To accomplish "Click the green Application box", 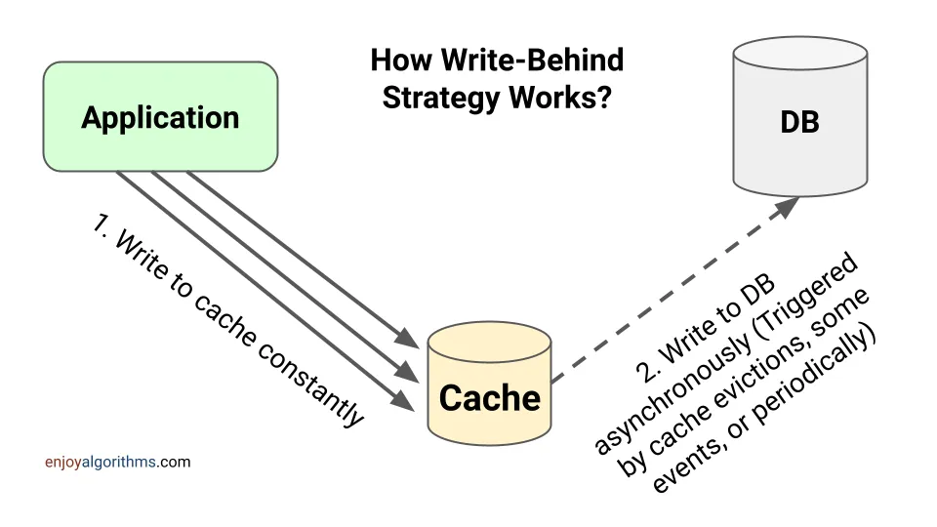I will (160, 117).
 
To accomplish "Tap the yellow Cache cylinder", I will (489, 385).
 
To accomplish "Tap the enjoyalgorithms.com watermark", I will (117, 462).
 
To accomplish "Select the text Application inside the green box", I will (160, 117).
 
